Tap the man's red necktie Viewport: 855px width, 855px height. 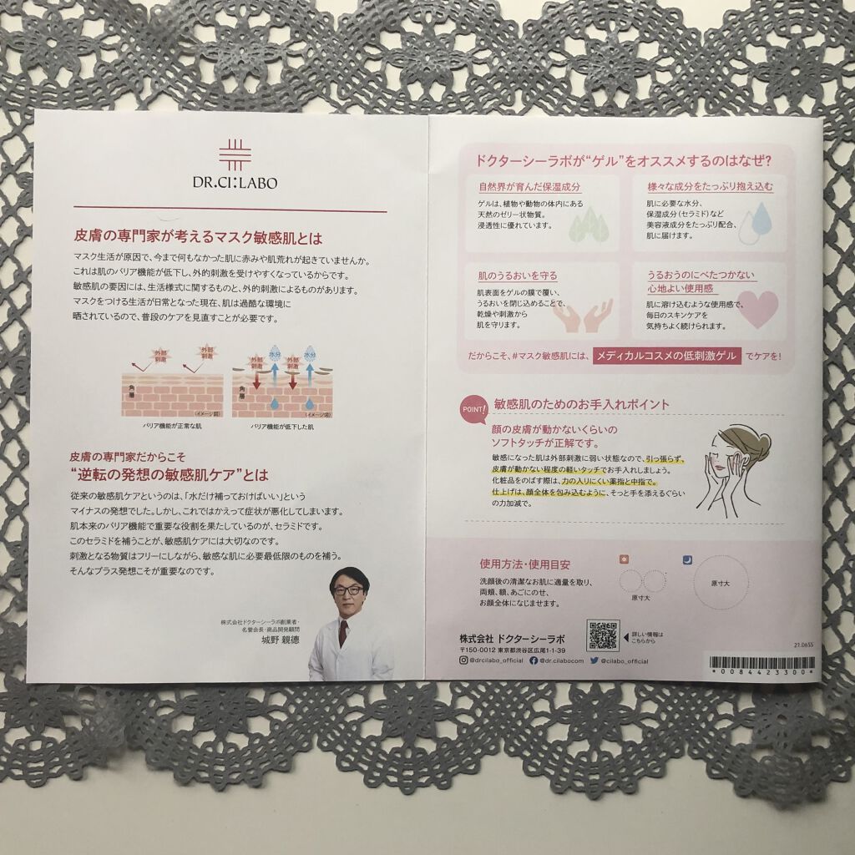coord(343,633)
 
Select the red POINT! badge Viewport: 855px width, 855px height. coord(473,411)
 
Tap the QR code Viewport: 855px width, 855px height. coord(602,635)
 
